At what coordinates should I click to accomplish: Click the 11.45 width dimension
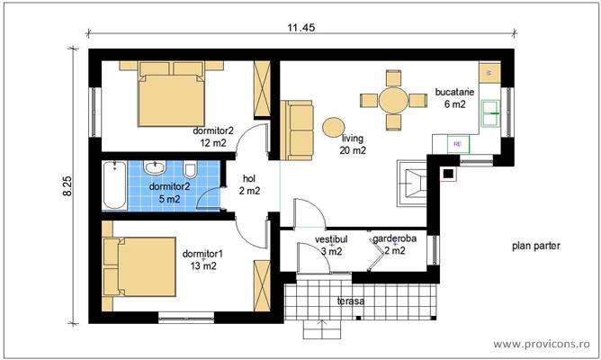pos(300,28)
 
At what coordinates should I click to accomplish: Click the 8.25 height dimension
pos(68,186)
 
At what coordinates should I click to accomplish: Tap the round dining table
pos(393,100)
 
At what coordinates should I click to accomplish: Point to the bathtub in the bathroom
pos(112,185)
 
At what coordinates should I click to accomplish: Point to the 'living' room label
pos(354,139)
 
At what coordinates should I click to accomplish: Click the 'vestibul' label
pos(331,239)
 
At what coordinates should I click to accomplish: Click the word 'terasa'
pos(350,301)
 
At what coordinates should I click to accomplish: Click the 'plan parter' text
pos(536,245)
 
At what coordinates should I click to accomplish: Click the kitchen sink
pos(491,111)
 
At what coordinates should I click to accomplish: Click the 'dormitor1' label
pos(202,254)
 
